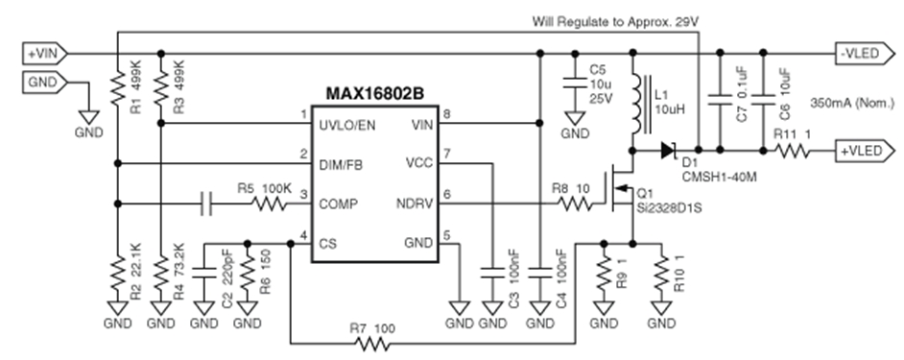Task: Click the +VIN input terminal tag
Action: click(x=45, y=54)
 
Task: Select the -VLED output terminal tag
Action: click(x=865, y=54)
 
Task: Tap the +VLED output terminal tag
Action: click(x=865, y=151)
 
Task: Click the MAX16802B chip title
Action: click(x=374, y=93)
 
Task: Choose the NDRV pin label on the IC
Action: click(x=414, y=204)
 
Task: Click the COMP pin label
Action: click(x=338, y=204)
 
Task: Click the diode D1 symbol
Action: click(x=669, y=151)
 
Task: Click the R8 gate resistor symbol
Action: click(x=574, y=204)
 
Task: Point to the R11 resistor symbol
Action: click(x=792, y=151)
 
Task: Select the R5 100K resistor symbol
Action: click(x=269, y=204)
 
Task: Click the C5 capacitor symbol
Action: click(x=574, y=82)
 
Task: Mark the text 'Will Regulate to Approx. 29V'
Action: click(x=615, y=22)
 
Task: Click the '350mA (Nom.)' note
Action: click(x=852, y=104)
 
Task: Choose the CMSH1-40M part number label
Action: click(x=720, y=176)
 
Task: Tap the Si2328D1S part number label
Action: click(x=669, y=207)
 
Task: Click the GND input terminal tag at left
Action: click(x=45, y=83)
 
